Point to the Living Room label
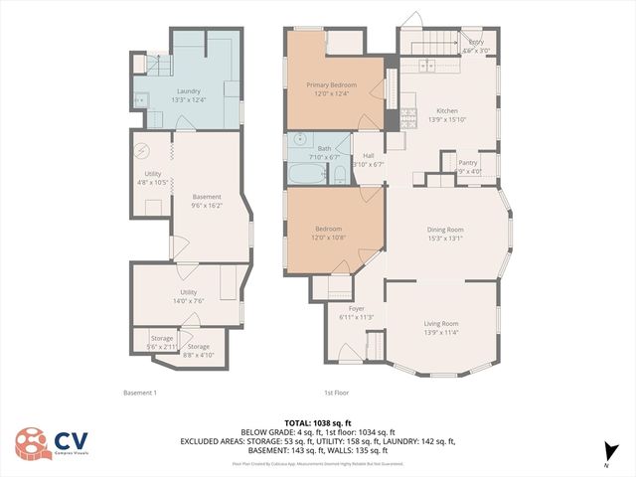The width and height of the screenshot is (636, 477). pos(441,323)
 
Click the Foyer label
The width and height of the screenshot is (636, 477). pos(356,309)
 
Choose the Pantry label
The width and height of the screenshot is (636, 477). pos(467,162)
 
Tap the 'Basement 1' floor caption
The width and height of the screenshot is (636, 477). pos(139,392)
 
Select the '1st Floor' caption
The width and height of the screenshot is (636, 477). pos(337,392)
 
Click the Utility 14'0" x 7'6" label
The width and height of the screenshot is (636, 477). pos(188,301)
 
